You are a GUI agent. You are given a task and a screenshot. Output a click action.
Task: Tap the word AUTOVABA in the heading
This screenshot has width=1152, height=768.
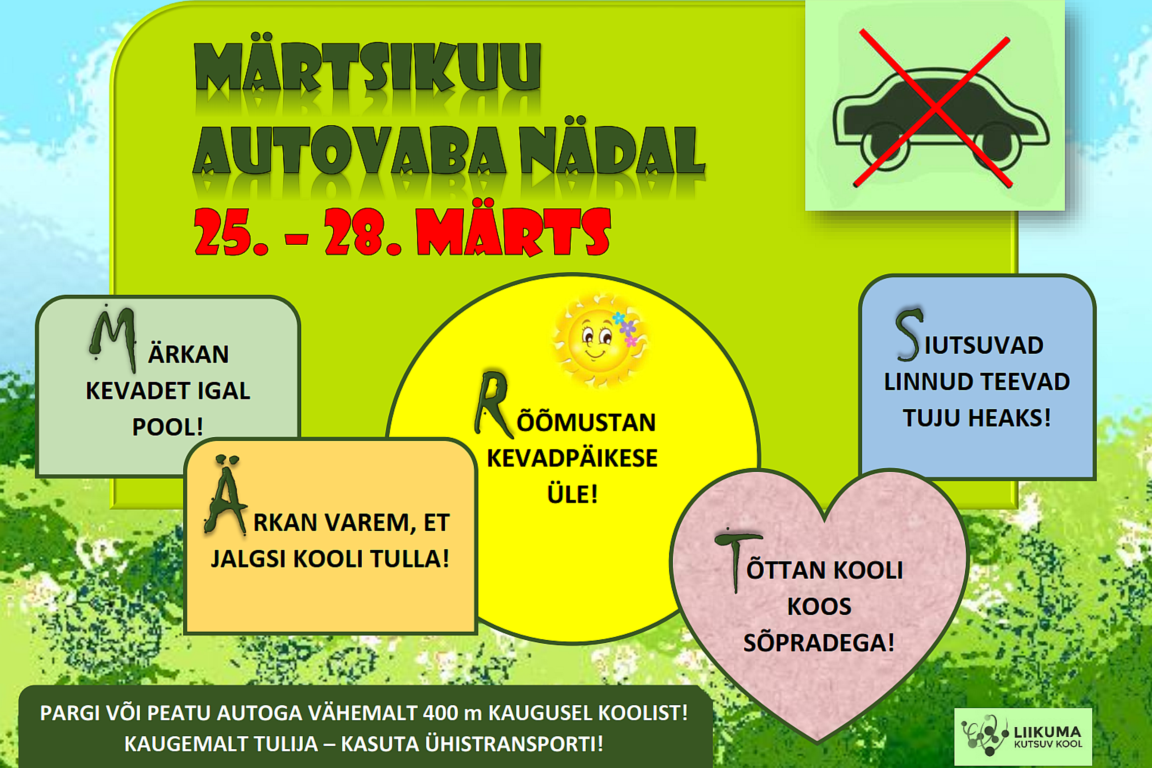coord(349,150)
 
